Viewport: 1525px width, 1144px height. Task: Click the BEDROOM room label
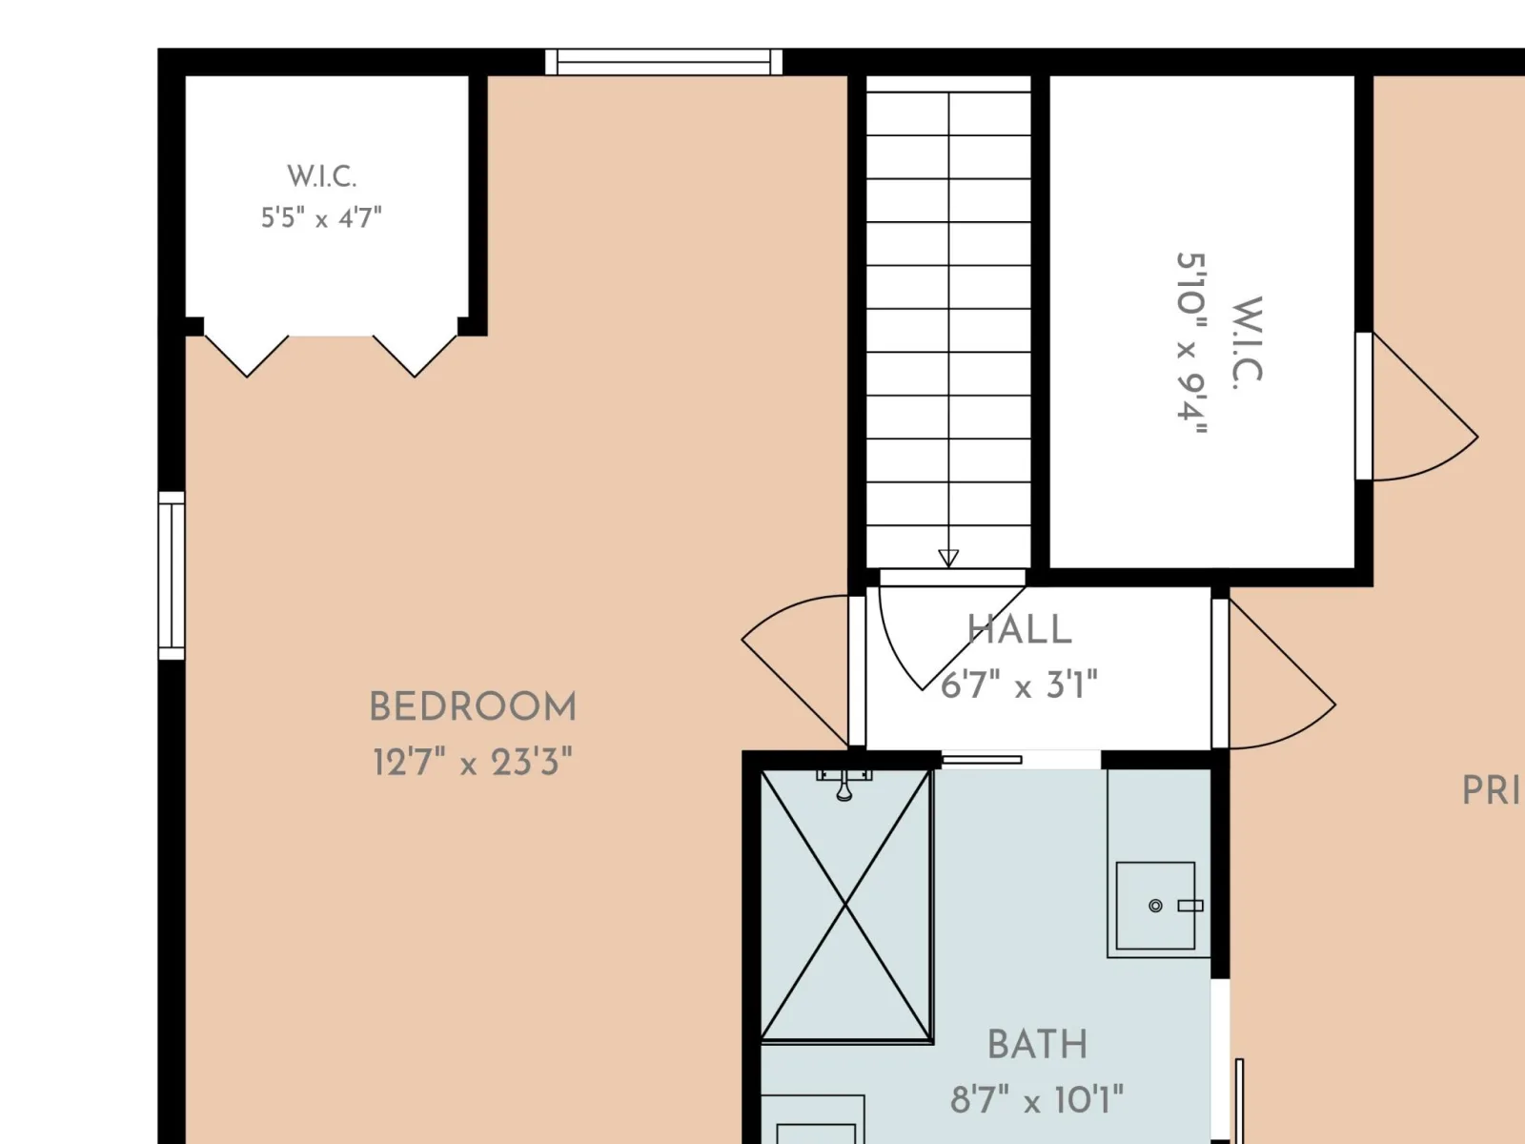[x=473, y=707]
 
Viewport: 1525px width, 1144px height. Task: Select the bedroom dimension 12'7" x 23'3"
[x=473, y=762]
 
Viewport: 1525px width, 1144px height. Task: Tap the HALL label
[x=1019, y=629]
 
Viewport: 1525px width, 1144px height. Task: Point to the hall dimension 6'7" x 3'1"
[x=1019, y=684]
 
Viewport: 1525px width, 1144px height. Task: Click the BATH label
[x=1037, y=1045]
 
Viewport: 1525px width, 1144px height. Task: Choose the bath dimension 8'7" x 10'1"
[x=1037, y=1100]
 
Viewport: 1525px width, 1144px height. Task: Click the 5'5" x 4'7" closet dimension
[x=321, y=218]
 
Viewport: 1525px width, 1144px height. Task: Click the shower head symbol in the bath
[x=844, y=785]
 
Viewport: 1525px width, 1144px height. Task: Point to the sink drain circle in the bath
[x=1155, y=906]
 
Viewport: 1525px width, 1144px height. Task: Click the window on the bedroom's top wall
[x=663, y=62]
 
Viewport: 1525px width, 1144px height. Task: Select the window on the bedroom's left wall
[x=171, y=575]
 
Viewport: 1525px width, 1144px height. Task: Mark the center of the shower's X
[x=845, y=905]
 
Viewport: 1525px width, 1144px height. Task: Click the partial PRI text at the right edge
[x=1493, y=791]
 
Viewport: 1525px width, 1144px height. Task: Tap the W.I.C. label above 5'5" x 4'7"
[x=321, y=176]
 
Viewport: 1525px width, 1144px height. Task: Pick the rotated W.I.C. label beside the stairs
[x=1247, y=342]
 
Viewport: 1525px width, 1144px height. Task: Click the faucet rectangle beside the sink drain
[x=1190, y=906]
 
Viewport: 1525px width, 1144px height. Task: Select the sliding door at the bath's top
[x=981, y=760]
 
